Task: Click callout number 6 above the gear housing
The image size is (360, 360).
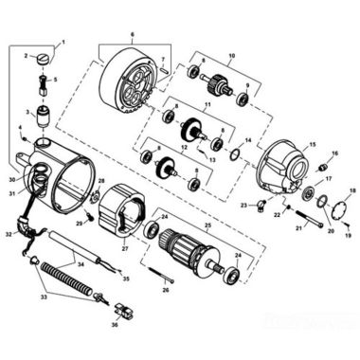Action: click(132, 35)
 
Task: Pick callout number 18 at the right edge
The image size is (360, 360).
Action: click(352, 191)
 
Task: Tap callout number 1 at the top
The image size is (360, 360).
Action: click(63, 43)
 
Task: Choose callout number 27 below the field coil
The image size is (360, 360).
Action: click(124, 248)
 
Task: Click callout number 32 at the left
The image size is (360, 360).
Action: click(9, 232)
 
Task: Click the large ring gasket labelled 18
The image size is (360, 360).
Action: click(338, 206)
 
